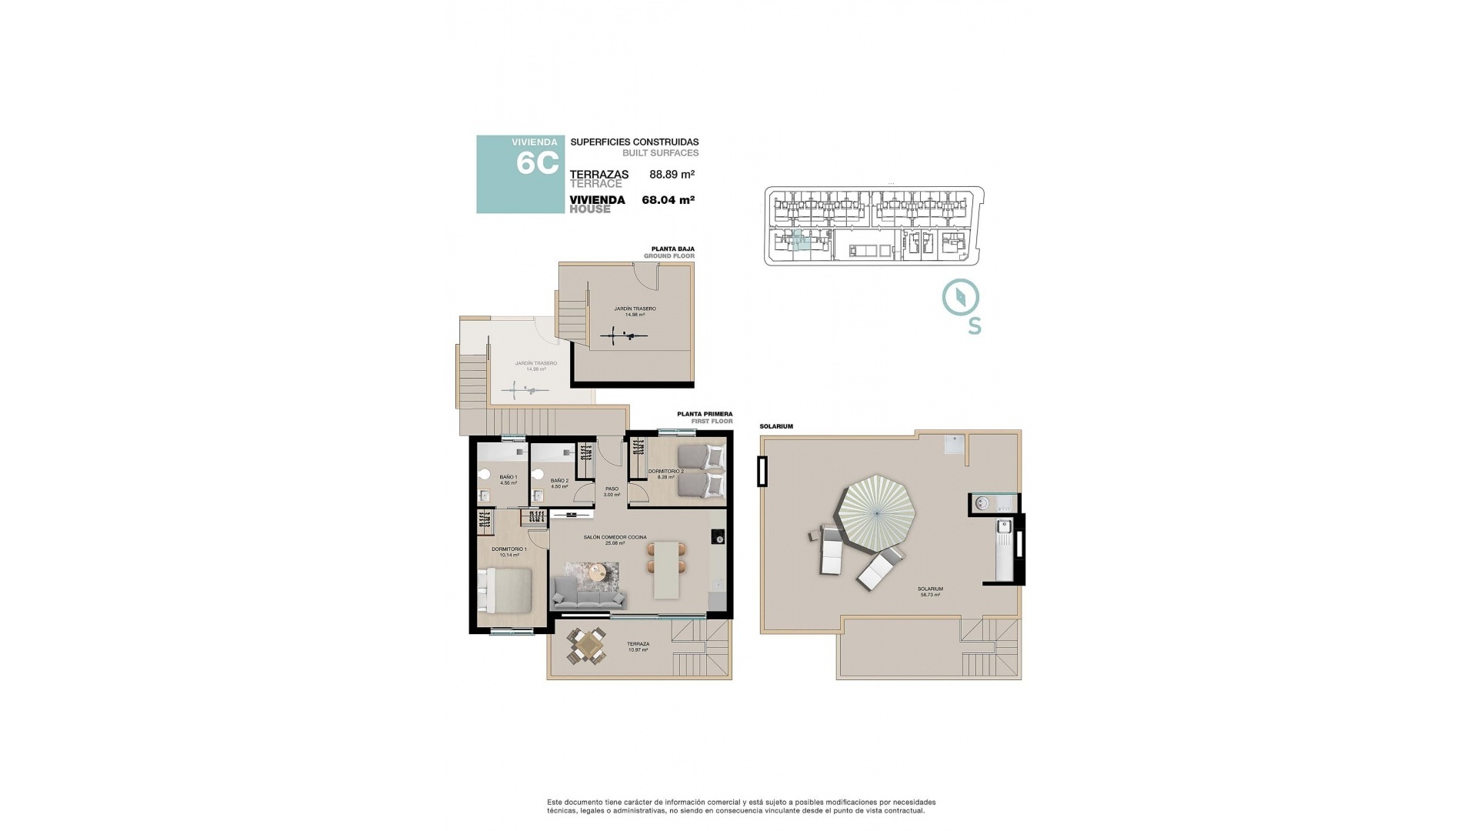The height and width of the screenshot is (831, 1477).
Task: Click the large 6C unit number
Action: tap(537, 163)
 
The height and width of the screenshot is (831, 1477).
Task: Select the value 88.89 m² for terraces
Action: tap(672, 175)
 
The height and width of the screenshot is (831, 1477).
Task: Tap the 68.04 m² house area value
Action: tap(668, 200)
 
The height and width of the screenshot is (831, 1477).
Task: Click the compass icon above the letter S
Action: tap(961, 297)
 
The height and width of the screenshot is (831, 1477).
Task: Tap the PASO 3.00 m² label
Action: tap(612, 492)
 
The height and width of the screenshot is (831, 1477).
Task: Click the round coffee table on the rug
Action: tap(597, 572)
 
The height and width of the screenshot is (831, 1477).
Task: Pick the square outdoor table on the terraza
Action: tap(587, 645)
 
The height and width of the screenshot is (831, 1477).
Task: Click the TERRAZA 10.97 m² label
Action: tap(638, 647)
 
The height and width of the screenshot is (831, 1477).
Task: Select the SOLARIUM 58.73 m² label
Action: tap(930, 592)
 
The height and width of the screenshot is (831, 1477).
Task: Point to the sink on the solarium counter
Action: tap(1004, 527)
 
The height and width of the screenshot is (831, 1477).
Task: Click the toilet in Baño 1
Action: tap(485, 474)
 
